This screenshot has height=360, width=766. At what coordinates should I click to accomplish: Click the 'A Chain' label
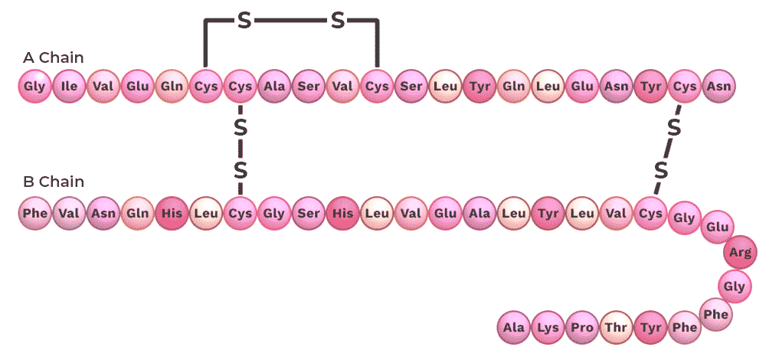(54, 57)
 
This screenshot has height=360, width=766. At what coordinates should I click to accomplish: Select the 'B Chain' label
(54, 182)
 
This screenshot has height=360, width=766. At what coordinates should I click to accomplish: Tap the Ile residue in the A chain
(69, 87)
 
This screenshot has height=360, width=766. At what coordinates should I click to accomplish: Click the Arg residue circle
(740, 252)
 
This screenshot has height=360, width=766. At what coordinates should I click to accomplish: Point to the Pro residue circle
(582, 327)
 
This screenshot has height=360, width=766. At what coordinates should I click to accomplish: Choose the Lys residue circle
(548, 327)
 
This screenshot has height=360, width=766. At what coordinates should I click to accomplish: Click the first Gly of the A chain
(34, 87)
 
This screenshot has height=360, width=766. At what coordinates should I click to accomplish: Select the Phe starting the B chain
(34, 212)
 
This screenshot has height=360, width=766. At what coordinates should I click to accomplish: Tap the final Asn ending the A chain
(719, 87)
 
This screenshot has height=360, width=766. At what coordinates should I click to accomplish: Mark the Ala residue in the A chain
(274, 87)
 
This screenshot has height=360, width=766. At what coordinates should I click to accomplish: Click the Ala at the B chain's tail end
(513, 327)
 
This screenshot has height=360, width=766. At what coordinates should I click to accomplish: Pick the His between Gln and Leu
(171, 212)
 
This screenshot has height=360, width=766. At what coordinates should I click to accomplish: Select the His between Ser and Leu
(342, 212)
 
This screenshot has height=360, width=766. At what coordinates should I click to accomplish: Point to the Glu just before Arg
(717, 227)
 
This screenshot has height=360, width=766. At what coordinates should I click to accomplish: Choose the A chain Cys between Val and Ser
(377, 87)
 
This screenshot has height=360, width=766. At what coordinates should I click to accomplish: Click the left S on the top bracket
(244, 21)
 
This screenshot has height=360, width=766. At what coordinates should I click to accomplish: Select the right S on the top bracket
(338, 21)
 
